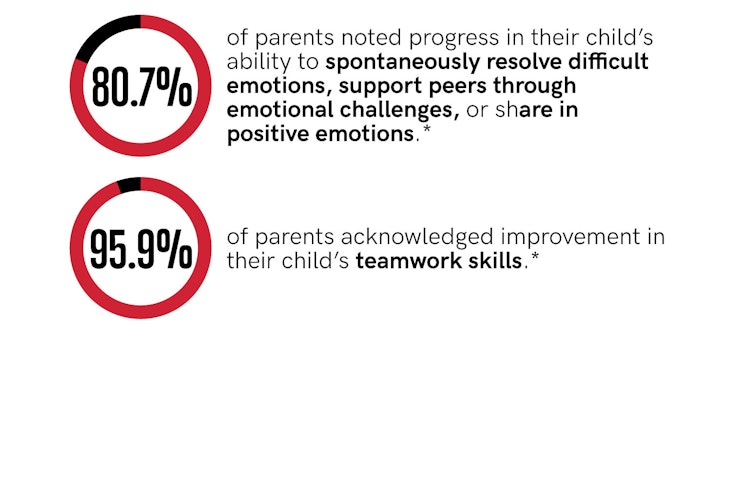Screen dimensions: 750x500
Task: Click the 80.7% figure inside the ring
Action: tap(142, 87)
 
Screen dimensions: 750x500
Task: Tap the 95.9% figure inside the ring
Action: tap(141, 249)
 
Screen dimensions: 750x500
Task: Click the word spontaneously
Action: tap(402, 63)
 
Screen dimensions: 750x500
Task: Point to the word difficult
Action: tap(608, 62)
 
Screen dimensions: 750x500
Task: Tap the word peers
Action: tap(458, 87)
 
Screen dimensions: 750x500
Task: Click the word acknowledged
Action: tap(417, 237)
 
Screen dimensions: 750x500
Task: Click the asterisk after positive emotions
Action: tap(427, 129)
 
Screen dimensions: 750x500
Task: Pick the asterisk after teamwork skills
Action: tap(535, 256)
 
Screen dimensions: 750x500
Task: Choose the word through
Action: tap(535, 87)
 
